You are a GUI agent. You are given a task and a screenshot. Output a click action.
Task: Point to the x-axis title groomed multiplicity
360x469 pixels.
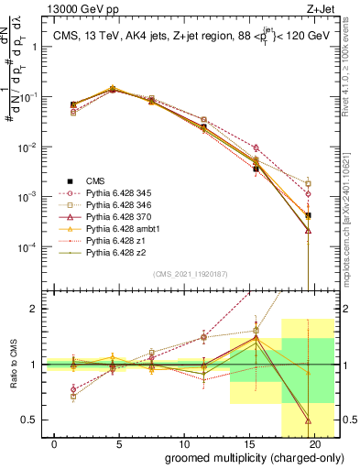click(242, 457)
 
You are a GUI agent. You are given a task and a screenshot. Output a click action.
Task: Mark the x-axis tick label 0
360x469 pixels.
click(56, 442)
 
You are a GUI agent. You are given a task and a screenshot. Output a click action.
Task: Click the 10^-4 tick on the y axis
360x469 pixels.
click(27, 247)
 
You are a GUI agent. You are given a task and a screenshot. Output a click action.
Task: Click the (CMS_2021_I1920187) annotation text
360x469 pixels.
click(191, 274)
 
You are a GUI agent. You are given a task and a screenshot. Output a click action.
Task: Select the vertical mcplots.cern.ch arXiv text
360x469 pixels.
click(352, 211)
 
